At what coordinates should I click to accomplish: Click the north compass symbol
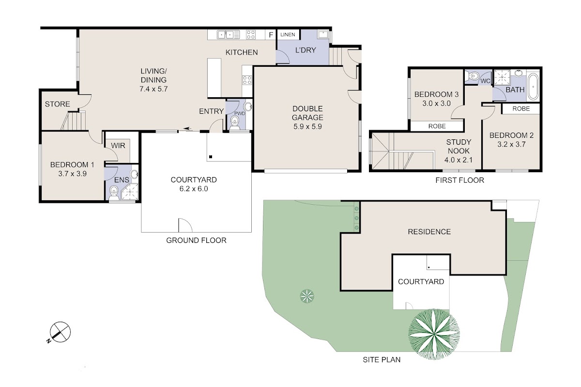click(60, 332)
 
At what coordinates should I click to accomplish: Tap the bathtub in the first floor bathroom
click(533, 87)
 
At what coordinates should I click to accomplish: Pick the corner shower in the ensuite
click(130, 192)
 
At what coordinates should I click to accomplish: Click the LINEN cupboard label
click(288, 34)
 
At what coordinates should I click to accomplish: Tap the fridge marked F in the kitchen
click(271, 35)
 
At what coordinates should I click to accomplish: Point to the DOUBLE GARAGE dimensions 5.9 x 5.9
click(307, 126)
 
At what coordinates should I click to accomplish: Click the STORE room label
click(57, 104)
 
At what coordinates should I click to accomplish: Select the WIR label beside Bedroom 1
click(118, 146)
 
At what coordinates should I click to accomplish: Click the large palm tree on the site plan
click(434, 334)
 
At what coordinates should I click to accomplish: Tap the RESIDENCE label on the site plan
click(429, 232)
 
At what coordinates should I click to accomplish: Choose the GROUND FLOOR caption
click(196, 240)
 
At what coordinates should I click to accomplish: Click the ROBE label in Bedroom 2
click(521, 109)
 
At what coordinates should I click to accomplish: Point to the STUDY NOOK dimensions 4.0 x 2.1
click(459, 160)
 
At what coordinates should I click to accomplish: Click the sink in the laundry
click(323, 34)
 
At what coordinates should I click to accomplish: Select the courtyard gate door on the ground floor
click(185, 225)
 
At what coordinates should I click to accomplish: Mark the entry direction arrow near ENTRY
click(187, 129)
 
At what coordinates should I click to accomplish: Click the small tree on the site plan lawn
click(307, 296)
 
